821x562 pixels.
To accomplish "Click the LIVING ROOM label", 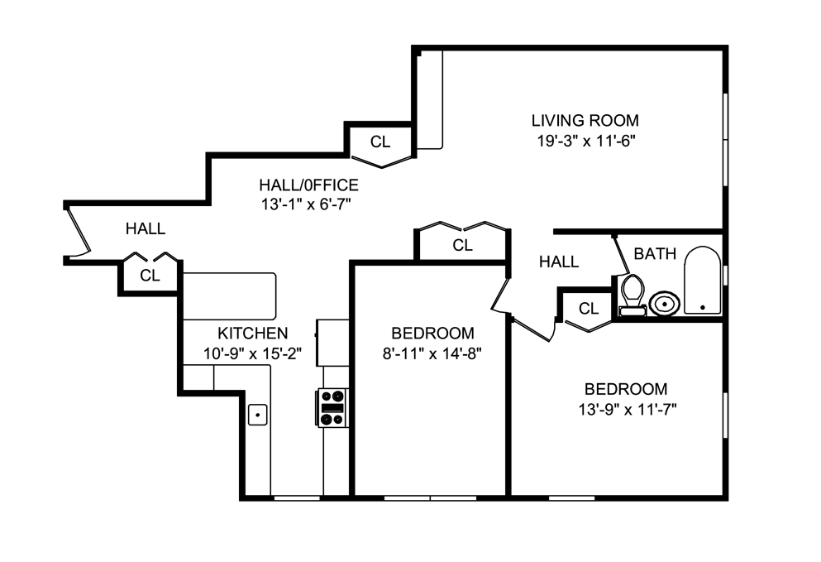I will pyautogui.click(x=585, y=120).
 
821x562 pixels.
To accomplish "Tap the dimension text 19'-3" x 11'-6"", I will pyautogui.click(x=585, y=140).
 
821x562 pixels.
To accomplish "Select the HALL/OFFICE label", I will pyautogui.click(x=308, y=185).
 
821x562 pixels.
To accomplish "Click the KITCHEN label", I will pyautogui.click(x=252, y=334).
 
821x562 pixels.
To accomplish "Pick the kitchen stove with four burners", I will pyautogui.click(x=332, y=407).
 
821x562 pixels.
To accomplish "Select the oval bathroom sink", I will pyautogui.click(x=664, y=304).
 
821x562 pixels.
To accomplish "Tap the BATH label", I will pyautogui.click(x=655, y=253).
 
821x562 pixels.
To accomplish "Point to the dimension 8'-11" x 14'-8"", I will pyautogui.click(x=432, y=353).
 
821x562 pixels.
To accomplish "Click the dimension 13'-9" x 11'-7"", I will pyautogui.click(x=625, y=409).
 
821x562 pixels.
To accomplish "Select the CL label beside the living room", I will pyautogui.click(x=379, y=142).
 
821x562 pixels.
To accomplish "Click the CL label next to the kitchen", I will pyautogui.click(x=150, y=276).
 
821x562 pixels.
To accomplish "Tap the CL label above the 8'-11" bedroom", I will pyautogui.click(x=462, y=245).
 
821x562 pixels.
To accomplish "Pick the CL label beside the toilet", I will pyautogui.click(x=588, y=309).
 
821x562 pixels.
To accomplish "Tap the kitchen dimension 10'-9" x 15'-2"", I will pyautogui.click(x=252, y=353).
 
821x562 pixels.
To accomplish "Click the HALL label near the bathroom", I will pyautogui.click(x=559, y=262).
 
